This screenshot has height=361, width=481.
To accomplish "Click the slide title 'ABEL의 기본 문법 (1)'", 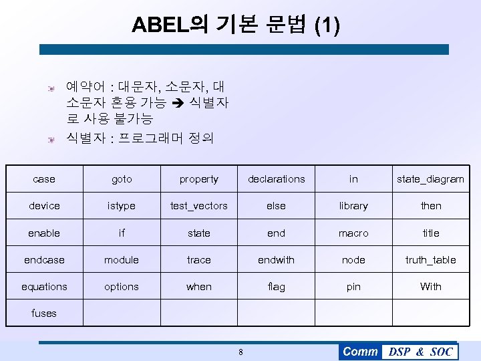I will [x=236, y=25].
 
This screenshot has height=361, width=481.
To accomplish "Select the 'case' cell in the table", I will [x=44, y=179].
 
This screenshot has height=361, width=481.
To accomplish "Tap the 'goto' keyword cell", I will [x=122, y=179].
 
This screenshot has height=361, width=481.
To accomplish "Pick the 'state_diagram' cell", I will [x=430, y=179].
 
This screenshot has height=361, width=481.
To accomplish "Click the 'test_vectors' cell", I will [x=198, y=206].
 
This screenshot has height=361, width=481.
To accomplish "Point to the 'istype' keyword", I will [x=122, y=206].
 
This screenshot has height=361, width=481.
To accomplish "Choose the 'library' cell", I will [x=353, y=206].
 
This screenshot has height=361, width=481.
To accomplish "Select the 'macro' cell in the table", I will [x=353, y=233].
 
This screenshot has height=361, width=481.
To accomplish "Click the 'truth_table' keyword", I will [x=430, y=260].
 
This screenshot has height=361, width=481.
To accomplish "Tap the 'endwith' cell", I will [x=276, y=260].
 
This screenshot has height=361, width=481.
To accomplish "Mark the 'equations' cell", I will [x=44, y=287].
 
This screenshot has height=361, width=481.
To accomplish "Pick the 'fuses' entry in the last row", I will [x=44, y=313].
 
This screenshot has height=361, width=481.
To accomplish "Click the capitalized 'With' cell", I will [x=430, y=287].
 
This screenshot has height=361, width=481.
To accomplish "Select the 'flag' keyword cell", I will [x=276, y=287].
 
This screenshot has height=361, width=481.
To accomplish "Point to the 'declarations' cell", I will [x=276, y=179].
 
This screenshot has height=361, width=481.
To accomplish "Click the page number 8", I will [x=240, y=352].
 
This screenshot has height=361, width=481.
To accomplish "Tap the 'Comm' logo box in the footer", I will [x=360, y=352].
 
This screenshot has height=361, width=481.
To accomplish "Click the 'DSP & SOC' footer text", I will [x=420, y=352].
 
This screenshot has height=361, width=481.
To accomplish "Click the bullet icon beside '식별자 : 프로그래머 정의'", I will [x=49, y=139].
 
